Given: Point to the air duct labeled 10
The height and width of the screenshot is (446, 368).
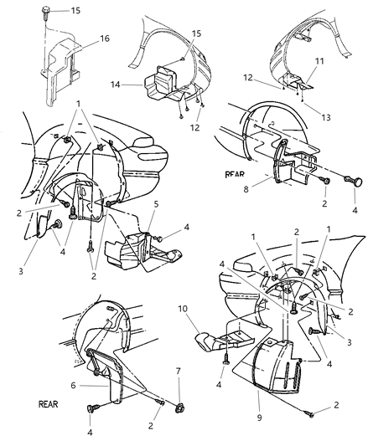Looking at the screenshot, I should point(220,346).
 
